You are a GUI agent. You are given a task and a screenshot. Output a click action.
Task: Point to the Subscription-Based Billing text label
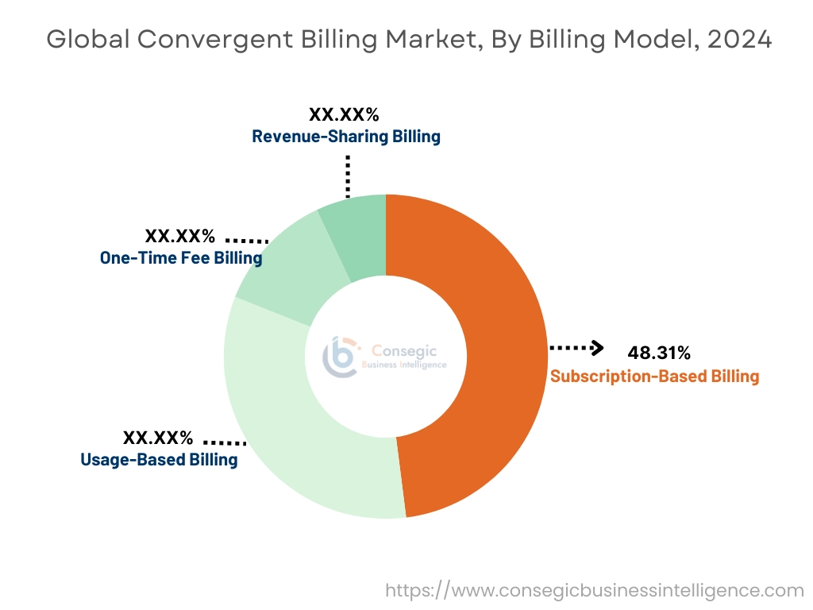tap(654, 376)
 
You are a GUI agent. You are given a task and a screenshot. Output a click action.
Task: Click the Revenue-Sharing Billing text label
tap(345, 136)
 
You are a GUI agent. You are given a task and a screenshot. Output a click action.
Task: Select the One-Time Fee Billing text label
tap(181, 257)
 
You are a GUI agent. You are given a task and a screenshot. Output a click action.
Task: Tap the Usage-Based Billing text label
tap(159, 459)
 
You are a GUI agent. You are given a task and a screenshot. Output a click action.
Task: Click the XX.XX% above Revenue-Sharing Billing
tap(344, 114)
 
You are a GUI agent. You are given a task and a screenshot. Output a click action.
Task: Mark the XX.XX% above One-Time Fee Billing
tap(179, 236)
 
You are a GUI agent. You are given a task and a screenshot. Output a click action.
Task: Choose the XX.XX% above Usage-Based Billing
tap(157, 438)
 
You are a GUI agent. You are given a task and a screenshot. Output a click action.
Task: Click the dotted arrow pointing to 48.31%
tap(576, 348)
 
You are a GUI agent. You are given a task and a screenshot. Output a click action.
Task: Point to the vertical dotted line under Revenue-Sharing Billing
tap(347, 176)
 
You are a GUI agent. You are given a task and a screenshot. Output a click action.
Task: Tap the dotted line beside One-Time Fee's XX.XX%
tap(247, 239)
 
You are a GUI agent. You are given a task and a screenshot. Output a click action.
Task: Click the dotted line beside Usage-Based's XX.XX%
tap(225, 442)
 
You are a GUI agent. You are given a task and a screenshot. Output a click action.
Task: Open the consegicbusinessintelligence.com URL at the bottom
tap(595, 590)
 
